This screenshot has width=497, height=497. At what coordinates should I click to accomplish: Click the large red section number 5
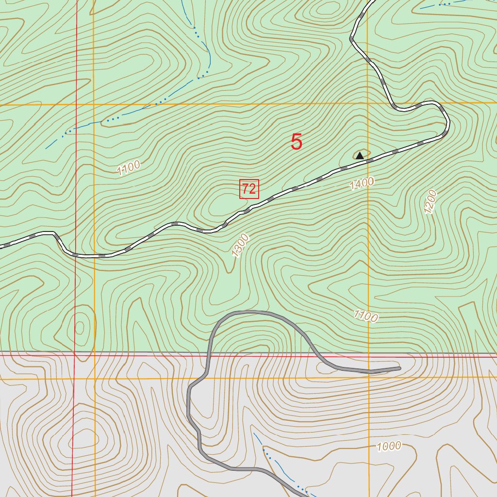297,142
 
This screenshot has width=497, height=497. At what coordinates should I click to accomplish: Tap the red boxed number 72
249,189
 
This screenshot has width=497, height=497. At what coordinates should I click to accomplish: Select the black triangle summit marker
360,155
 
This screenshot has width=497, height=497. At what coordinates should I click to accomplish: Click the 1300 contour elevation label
240,246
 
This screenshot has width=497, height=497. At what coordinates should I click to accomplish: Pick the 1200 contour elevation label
431,202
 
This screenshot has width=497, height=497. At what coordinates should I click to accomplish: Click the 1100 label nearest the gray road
365,316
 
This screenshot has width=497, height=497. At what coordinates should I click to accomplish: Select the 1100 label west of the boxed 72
128,167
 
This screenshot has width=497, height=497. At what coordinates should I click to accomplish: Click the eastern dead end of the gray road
399,369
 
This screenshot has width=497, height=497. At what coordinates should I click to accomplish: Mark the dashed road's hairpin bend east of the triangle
446,121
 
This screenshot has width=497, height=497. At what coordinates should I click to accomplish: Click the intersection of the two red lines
74,355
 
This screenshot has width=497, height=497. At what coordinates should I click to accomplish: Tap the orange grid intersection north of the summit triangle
367,103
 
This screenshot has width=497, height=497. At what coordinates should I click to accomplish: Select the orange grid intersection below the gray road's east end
368,377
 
